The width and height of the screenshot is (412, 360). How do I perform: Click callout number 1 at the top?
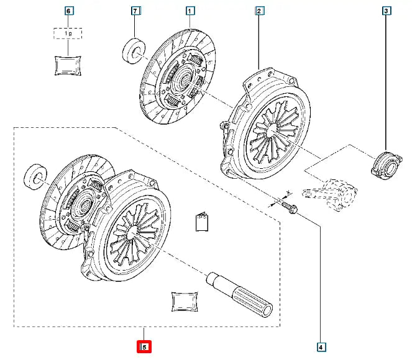(x=191, y=11)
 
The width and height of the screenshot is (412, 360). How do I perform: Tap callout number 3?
(x=387, y=11)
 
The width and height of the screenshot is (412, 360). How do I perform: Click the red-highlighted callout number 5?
(x=144, y=346)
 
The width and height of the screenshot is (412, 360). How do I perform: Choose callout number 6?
(x=68, y=11)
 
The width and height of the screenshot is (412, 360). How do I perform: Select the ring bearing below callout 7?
(x=134, y=51)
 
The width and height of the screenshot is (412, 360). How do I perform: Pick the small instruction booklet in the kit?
(x=201, y=222)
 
